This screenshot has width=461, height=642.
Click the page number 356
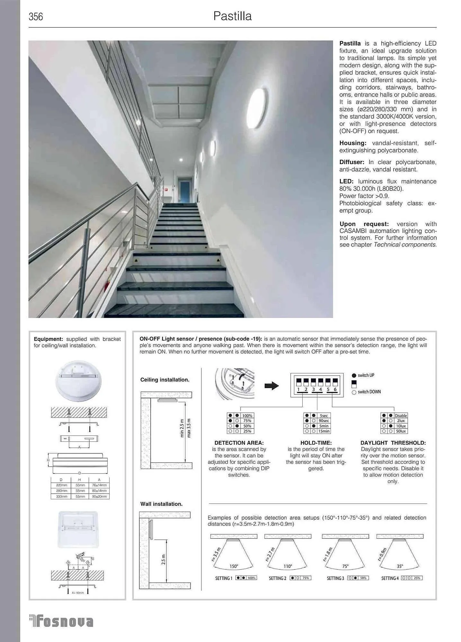pyautogui.click(x=36, y=17)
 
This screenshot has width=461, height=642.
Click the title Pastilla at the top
pyautogui.click(x=232, y=16)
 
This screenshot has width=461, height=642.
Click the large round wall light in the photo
pyautogui.click(x=256, y=108)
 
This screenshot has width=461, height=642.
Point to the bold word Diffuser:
pyautogui.click(x=351, y=162)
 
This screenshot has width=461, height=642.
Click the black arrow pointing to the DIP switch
pyautogui.click(x=271, y=386)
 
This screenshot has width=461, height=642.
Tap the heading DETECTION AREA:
pyautogui.click(x=239, y=443)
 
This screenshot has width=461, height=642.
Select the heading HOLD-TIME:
pyautogui.click(x=316, y=443)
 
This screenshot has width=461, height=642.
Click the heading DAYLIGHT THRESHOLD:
pyautogui.click(x=393, y=443)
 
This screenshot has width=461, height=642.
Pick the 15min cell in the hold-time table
pyautogui.click(x=324, y=431)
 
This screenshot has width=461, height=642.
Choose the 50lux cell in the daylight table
pyautogui.click(x=401, y=431)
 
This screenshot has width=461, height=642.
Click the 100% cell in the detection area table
pyautogui.click(x=247, y=416)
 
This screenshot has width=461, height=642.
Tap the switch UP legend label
pyautogui.click(x=366, y=375)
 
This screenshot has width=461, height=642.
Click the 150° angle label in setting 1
pyautogui.click(x=234, y=566)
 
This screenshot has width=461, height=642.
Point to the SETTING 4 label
pyautogui.click(x=390, y=578)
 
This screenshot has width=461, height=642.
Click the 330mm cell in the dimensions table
pyautogui.click(x=62, y=496)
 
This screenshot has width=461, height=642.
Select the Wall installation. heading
pyautogui.click(x=161, y=504)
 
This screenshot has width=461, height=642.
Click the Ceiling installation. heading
pyautogui.click(x=165, y=380)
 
